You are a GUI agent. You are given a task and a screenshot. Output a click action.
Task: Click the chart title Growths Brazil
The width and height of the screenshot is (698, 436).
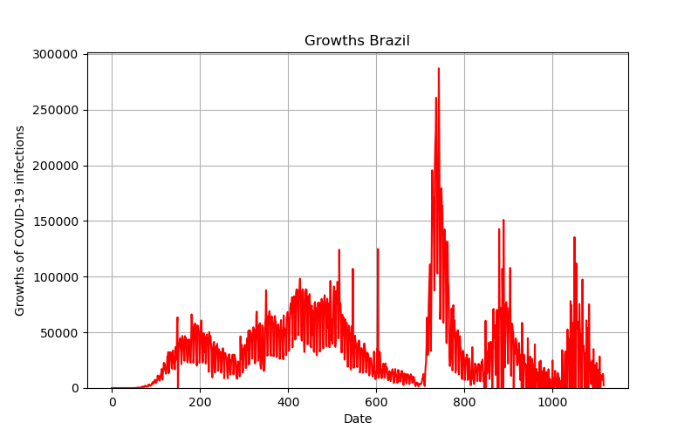[357, 40]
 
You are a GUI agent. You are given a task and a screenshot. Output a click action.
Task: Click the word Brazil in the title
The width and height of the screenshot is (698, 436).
[389, 40]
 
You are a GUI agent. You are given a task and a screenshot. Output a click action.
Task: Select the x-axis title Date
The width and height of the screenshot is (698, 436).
[358, 419]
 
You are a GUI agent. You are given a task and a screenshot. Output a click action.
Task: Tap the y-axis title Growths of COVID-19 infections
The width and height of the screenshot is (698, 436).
[19, 221]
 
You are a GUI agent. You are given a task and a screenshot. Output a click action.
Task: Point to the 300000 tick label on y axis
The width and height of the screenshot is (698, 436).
[55, 54]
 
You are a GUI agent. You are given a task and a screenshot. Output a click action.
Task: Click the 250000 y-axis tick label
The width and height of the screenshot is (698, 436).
[55, 110]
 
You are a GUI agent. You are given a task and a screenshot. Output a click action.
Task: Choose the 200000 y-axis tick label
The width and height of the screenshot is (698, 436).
[55, 166]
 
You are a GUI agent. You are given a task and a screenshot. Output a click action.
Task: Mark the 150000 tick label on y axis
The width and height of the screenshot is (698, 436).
[55, 221]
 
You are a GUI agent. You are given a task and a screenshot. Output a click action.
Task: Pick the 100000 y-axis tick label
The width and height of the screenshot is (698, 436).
[55, 277]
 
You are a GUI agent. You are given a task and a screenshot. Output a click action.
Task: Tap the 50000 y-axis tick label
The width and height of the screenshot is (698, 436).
[58, 333]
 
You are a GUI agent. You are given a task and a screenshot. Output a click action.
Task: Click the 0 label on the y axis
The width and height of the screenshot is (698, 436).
[74, 388]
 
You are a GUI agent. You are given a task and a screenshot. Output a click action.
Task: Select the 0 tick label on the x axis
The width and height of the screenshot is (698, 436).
[113, 402]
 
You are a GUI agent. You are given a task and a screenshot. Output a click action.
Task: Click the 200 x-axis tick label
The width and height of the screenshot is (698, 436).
[200, 402]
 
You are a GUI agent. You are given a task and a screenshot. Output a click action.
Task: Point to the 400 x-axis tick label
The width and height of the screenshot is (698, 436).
[288, 402]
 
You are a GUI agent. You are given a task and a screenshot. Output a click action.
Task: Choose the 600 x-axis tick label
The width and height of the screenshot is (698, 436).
[376, 402]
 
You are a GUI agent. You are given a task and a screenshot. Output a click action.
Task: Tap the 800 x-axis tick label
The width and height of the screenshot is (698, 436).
[464, 402]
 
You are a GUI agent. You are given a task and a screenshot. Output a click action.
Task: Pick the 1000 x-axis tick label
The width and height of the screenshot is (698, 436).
[552, 402]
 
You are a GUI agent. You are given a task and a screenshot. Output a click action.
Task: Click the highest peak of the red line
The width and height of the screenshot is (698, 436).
[439, 69]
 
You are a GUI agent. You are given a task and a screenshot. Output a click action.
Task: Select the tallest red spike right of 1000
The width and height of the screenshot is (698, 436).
[574, 237]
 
